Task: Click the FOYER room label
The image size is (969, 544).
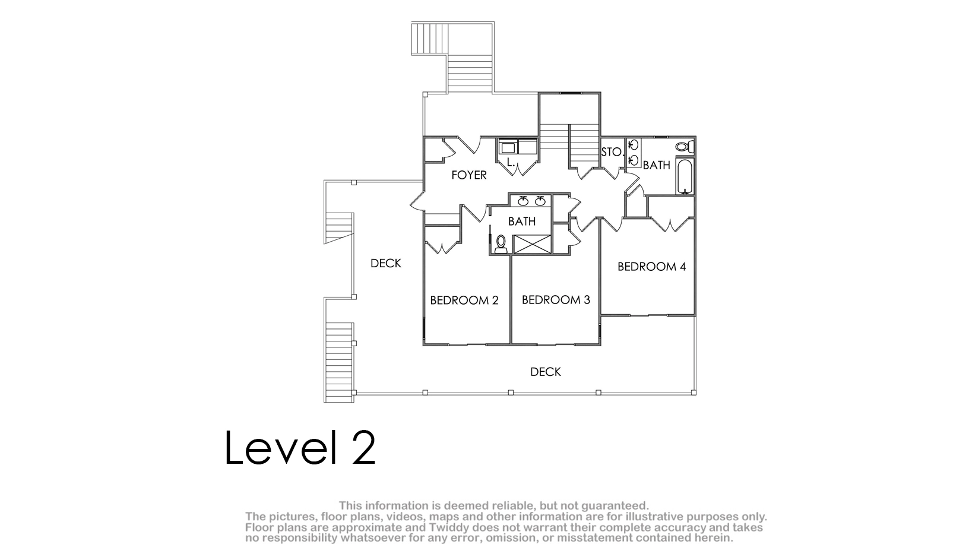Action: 469,175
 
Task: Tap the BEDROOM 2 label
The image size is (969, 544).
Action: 464,300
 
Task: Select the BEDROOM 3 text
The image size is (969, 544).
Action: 556,300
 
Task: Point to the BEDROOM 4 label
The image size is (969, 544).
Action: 651,267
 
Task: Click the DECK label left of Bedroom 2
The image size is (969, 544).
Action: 386,263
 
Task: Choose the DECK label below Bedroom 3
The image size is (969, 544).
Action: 546,372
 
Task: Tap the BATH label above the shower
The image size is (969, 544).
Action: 522,221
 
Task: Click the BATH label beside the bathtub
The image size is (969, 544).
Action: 656,165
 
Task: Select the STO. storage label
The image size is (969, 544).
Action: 612,152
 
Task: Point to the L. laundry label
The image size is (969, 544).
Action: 511,163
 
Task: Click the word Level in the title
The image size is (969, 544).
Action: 281,448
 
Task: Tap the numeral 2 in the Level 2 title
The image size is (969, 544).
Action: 363,448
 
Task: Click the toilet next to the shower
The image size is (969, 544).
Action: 501,243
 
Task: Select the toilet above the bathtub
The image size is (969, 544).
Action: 685,146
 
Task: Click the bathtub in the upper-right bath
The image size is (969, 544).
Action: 685,176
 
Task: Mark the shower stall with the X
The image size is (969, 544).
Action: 532,244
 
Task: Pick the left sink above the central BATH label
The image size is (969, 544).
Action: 524,201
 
